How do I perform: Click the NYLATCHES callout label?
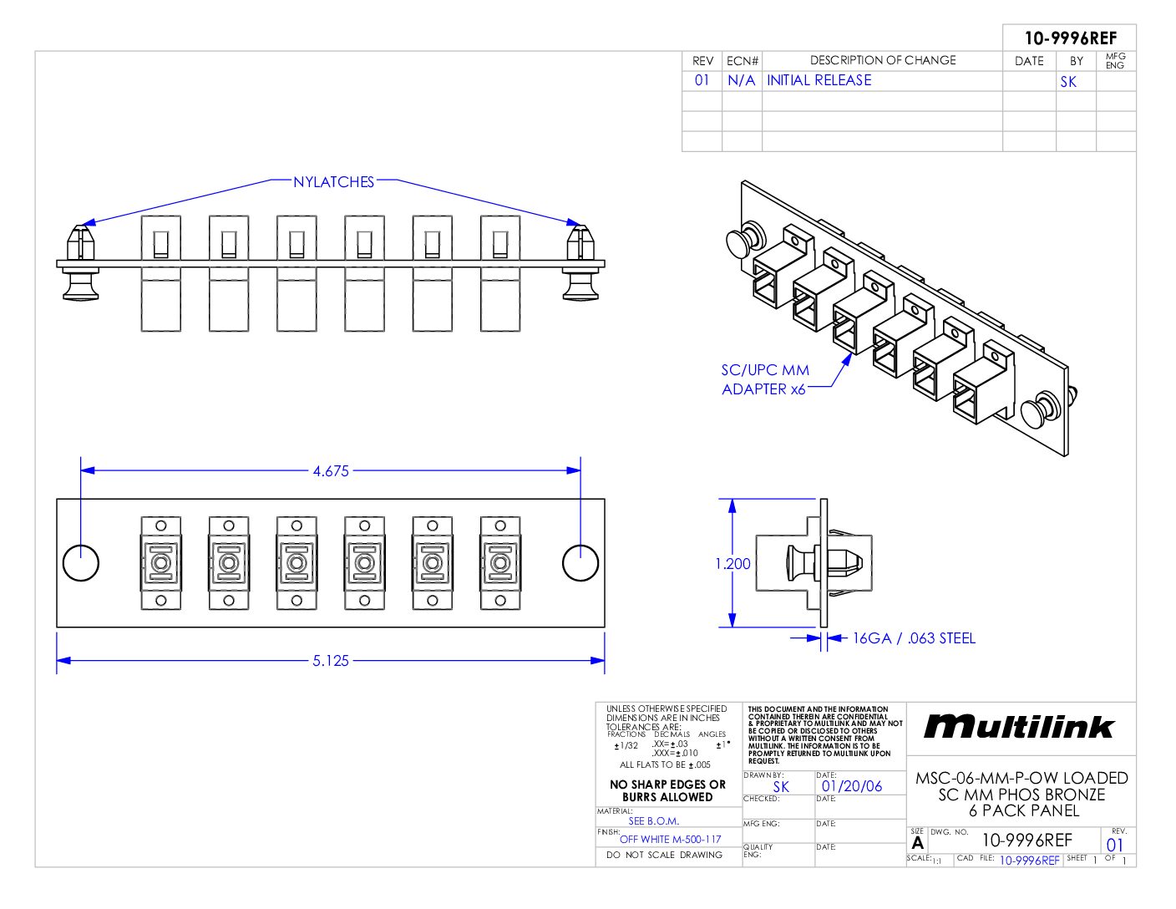pyautogui.click(x=333, y=182)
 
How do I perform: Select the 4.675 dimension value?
pyautogui.click(x=331, y=471)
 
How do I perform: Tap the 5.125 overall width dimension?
pyautogui.click(x=331, y=661)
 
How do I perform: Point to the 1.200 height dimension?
pyautogui.click(x=732, y=564)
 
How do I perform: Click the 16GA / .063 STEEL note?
pyautogui.click(x=913, y=638)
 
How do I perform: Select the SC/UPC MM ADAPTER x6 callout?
pyautogui.click(x=765, y=379)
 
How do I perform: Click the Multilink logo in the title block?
pyautogui.click(x=1019, y=727)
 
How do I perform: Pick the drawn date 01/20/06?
pyautogui.click(x=851, y=786)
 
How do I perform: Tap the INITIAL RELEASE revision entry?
pyautogui.click(x=819, y=80)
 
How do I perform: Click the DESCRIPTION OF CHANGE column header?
pyautogui.click(x=882, y=60)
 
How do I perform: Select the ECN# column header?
pyautogui.click(x=743, y=61)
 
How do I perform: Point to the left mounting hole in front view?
pyautogui.click(x=81, y=563)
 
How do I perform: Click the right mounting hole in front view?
pyautogui.click(x=580, y=563)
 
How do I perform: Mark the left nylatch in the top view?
pyautogui.click(x=81, y=262)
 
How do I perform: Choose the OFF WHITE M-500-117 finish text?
pyautogui.click(x=670, y=839)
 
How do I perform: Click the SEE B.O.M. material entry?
pyautogui.click(x=653, y=820)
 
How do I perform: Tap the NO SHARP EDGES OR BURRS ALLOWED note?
pyautogui.click(x=667, y=790)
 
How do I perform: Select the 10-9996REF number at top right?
pyautogui.click(x=1070, y=38)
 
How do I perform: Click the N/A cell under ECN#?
pyautogui.click(x=741, y=80)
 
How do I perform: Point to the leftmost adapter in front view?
pyautogui.click(x=160, y=563)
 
